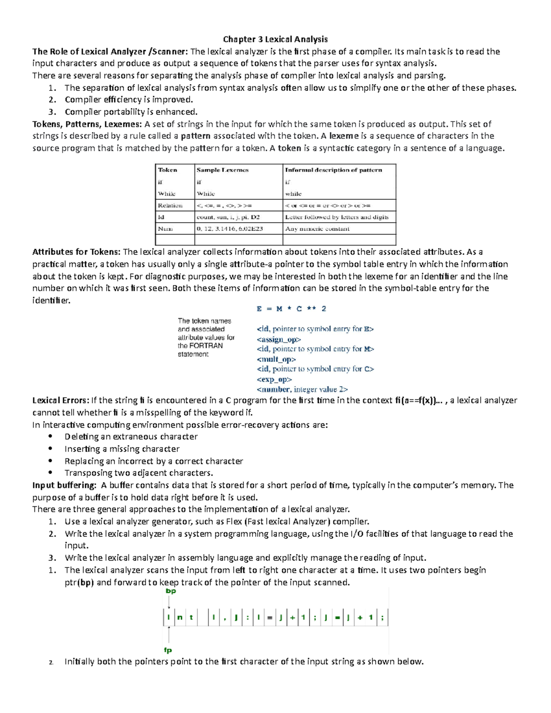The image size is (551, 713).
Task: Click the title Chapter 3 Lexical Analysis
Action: point(275,39)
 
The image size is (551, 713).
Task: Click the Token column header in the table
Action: point(168,170)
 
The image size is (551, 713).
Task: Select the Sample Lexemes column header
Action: point(222,170)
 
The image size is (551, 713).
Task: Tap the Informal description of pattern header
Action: point(333,170)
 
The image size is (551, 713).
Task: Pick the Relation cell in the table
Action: point(170,205)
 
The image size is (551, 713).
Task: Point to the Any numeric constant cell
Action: point(317,229)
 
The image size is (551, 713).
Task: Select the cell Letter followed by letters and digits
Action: point(337,217)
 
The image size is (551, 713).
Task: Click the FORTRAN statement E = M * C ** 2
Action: point(291,309)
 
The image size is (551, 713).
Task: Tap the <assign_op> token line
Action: point(279,339)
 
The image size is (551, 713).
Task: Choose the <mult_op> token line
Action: point(276,359)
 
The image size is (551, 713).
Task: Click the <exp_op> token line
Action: point(274,379)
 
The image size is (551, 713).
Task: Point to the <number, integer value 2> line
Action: point(302,389)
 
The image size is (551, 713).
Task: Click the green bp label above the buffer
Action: point(171,591)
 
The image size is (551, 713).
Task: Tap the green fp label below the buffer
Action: point(168,650)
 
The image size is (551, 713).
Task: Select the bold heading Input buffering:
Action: point(64,485)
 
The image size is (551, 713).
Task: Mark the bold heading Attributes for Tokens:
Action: point(76,252)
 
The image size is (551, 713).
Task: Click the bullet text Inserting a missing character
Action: point(122,449)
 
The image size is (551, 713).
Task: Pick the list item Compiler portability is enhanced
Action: point(131,112)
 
